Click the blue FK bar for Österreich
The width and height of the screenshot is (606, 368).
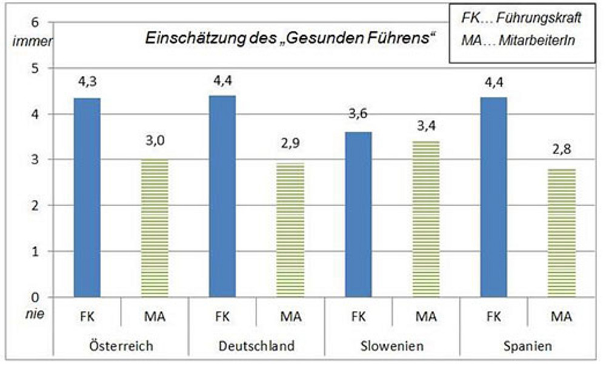(87, 197)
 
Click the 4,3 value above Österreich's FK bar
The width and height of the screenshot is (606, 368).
(87, 82)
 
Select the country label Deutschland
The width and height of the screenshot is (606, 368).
(256, 346)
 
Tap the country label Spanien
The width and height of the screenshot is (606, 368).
(528, 346)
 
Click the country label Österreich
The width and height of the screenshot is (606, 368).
(121, 346)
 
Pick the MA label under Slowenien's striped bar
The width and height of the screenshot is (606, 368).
(426, 316)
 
